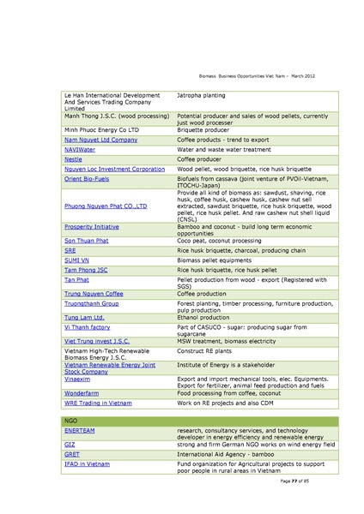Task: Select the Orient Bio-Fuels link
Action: tap(86, 180)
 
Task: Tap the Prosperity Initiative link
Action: tap(90, 227)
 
